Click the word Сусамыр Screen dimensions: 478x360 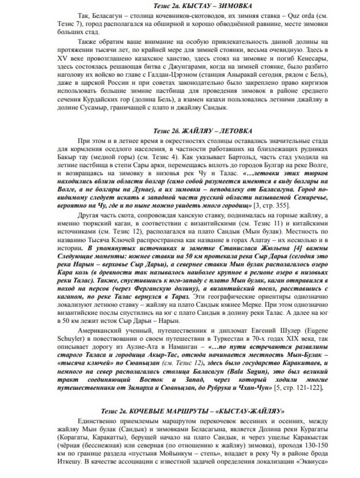pos(104,108)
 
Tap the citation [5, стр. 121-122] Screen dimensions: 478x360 pos(299,388)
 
